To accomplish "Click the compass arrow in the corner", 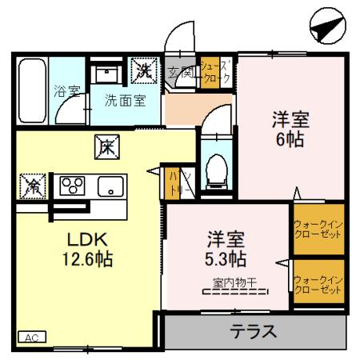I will pos(324,29).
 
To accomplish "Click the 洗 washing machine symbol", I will pos(145,70).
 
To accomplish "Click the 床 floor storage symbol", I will pos(106,146).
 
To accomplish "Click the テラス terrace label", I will pos(254,330).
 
